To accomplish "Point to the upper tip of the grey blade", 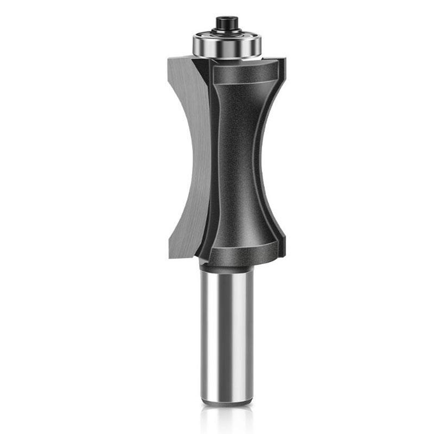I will click(173, 59).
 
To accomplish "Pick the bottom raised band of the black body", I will click(241, 251).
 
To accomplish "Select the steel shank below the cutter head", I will click(226, 331).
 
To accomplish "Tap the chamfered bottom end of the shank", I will click(226, 400).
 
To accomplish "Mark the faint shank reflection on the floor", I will click(226, 418).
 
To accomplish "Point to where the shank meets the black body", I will click(226, 265).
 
